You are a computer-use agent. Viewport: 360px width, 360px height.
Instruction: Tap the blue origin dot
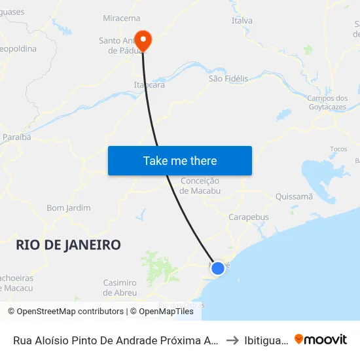[x=218, y=268]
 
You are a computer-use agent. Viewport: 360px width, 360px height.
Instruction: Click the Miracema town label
[x=122, y=18]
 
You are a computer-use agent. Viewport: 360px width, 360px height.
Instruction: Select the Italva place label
[x=242, y=21]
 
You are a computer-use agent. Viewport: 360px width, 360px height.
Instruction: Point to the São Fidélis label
[x=228, y=79]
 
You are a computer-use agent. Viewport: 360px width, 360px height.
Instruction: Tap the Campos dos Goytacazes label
[x=327, y=103]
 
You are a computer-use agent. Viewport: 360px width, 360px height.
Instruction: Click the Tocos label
[x=338, y=149]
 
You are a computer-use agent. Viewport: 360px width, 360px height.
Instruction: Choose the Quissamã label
[x=295, y=196]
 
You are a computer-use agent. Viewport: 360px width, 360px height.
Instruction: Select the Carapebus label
[x=248, y=217]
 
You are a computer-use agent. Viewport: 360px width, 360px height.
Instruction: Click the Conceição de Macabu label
[x=200, y=185]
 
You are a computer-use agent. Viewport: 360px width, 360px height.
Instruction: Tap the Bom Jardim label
[x=68, y=208]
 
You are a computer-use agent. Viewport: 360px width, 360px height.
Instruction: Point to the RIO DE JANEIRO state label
[x=68, y=245]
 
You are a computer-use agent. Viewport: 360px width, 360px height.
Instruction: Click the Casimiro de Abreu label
[x=120, y=287]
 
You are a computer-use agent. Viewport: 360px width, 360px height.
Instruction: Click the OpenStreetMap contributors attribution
[x=65, y=312]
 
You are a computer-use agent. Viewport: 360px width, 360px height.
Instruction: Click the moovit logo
[x=321, y=340]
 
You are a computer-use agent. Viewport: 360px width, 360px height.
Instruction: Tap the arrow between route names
[x=232, y=340]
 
